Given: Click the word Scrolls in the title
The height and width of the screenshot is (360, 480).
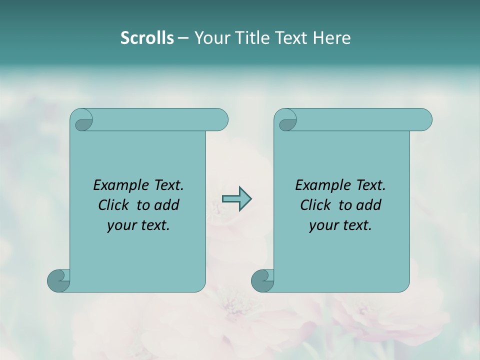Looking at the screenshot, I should (x=147, y=38).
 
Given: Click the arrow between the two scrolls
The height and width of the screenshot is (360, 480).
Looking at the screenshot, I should (x=236, y=198).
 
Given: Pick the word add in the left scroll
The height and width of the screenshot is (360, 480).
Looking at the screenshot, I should (x=166, y=205).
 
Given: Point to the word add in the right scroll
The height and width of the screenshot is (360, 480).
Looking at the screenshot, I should (x=368, y=205).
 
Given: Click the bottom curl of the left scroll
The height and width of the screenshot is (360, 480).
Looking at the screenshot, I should (x=58, y=280).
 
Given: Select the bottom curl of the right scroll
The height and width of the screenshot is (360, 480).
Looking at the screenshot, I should (x=262, y=280).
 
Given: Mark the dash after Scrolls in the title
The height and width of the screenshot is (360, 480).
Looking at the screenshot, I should (x=183, y=38).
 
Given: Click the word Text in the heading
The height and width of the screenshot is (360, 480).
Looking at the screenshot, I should (x=289, y=38).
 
